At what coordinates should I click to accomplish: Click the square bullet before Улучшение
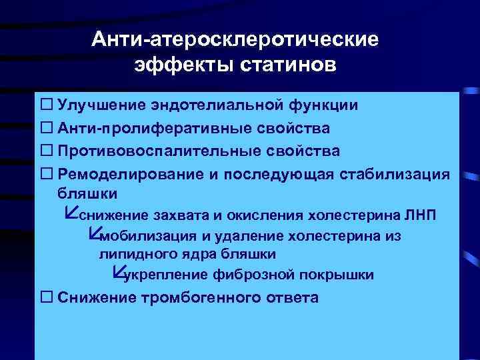47,105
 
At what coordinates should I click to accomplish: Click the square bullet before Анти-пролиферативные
47,127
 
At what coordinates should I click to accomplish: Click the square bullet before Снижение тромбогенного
47,297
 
